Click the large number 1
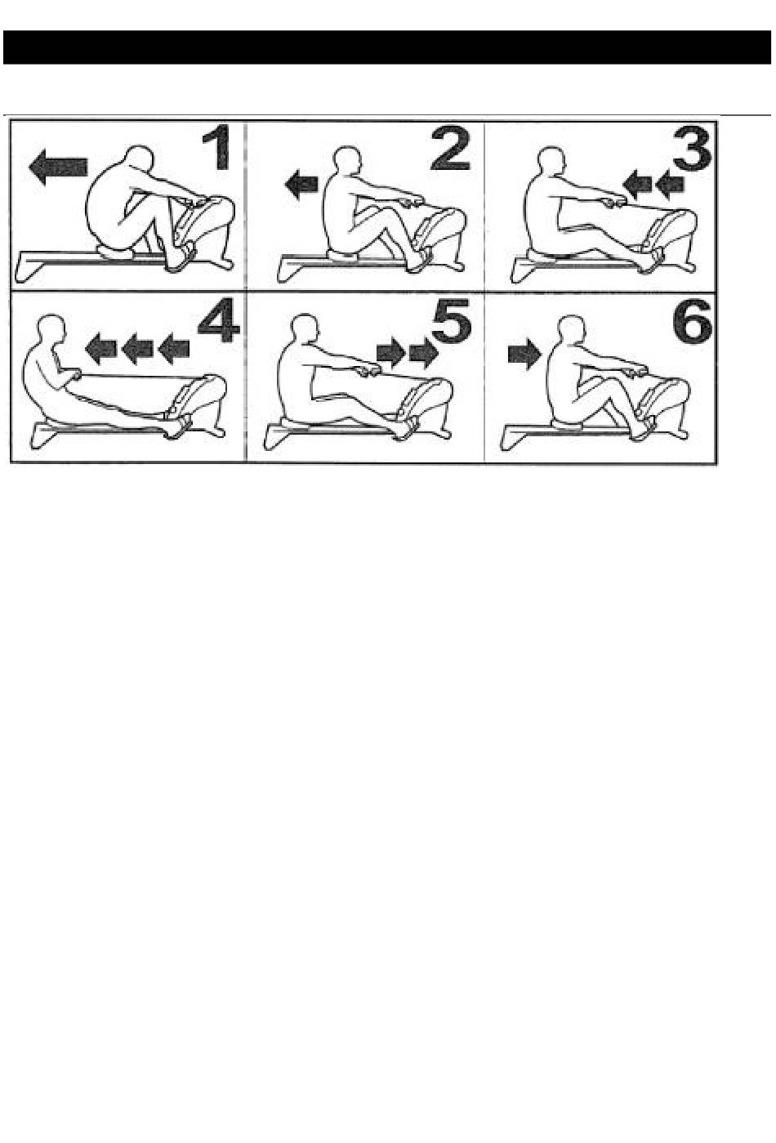pyautogui.click(x=216, y=148)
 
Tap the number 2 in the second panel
pyautogui.click(x=449, y=148)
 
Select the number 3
pyautogui.click(x=691, y=148)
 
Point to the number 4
pyautogui.click(x=218, y=319)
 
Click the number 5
pyautogui.click(x=452, y=319)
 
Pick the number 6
pyautogui.click(x=692, y=319)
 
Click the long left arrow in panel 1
pyautogui.click(x=58, y=167)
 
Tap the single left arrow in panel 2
pyautogui.click(x=302, y=184)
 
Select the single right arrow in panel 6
pyautogui.click(x=524, y=353)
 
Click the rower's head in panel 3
pyautogui.click(x=552, y=161)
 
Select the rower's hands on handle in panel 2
pyautogui.click(x=413, y=203)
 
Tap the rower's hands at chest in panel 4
pyautogui.click(x=74, y=376)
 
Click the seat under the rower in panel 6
pyautogui.click(x=567, y=424)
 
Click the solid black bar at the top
pyautogui.click(x=386, y=47)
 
